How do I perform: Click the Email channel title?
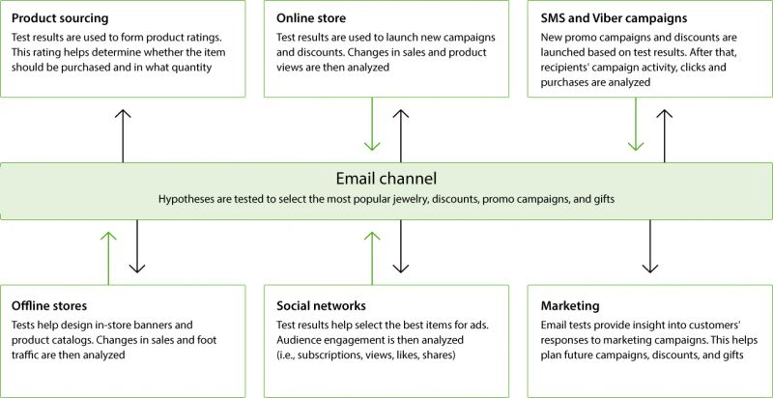[386, 178]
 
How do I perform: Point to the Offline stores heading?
[53, 304]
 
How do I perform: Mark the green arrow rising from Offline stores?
[108, 256]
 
